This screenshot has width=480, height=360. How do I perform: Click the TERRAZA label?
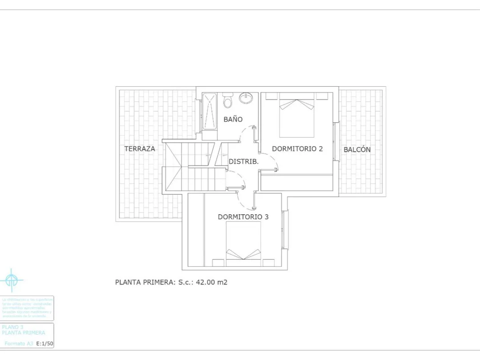pos(140,149)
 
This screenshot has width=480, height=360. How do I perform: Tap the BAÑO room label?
pos(233,119)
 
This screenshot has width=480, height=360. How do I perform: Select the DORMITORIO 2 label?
pos(297,149)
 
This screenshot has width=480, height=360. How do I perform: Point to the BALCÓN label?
pos(357,150)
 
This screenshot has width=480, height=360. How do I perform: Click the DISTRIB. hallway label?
pos(244,162)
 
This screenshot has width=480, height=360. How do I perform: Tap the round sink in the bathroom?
pos(246,98)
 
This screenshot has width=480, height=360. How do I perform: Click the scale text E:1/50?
pos(44,344)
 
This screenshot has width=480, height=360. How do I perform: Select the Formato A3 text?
pos(19,344)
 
